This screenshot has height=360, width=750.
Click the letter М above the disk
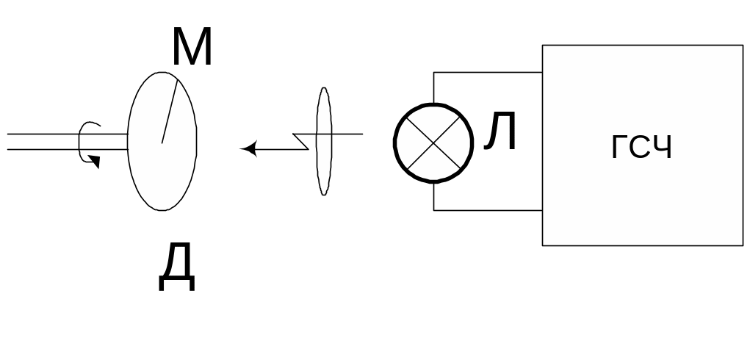pyautogui.click(x=192, y=48)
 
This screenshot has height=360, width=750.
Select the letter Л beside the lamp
pyautogui.click(x=501, y=134)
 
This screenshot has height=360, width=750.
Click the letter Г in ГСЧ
pyautogui.click(x=619, y=148)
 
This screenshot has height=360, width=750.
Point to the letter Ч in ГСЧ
pyautogui.click(x=663, y=148)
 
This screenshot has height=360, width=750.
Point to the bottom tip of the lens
pyautogui.click(x=324, y=194)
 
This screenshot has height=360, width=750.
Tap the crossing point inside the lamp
pyautogui.click(x=433, y=143)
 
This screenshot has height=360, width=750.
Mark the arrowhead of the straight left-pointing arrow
pyautogui.click(x=248, y=150)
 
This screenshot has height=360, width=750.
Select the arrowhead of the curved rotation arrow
pyautogui.click(x=95, y=161)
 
